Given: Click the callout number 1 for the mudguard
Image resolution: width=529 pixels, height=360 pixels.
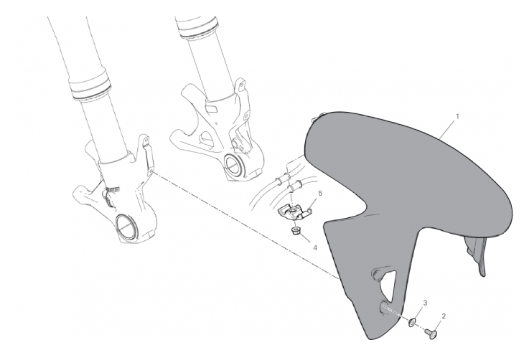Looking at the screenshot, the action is (x=457, y=117).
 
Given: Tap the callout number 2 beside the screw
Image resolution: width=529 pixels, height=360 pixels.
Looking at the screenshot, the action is (x=444, y=316).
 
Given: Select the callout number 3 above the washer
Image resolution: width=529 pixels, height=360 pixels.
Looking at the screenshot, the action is (x=425, y=303).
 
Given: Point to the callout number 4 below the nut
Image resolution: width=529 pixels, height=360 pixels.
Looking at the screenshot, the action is (x=315, y=247).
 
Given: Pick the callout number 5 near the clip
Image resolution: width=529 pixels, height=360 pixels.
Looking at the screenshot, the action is (x=320, y=193).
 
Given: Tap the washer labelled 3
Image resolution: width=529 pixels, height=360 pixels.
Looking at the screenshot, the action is (x=412, y=322).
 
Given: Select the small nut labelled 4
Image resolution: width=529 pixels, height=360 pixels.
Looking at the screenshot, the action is (x=296, y=231).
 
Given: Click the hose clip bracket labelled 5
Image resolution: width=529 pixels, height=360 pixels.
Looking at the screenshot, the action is (x=294, y=212).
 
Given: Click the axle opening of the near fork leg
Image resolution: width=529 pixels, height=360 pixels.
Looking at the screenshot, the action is (x=126, y=227).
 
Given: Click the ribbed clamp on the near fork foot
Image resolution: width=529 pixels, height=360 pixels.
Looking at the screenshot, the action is (x=113, y=191).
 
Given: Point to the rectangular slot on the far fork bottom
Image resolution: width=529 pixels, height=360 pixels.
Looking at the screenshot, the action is (x=212, y=108).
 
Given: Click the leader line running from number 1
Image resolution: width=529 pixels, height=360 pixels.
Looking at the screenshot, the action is (x=448, y=129).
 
